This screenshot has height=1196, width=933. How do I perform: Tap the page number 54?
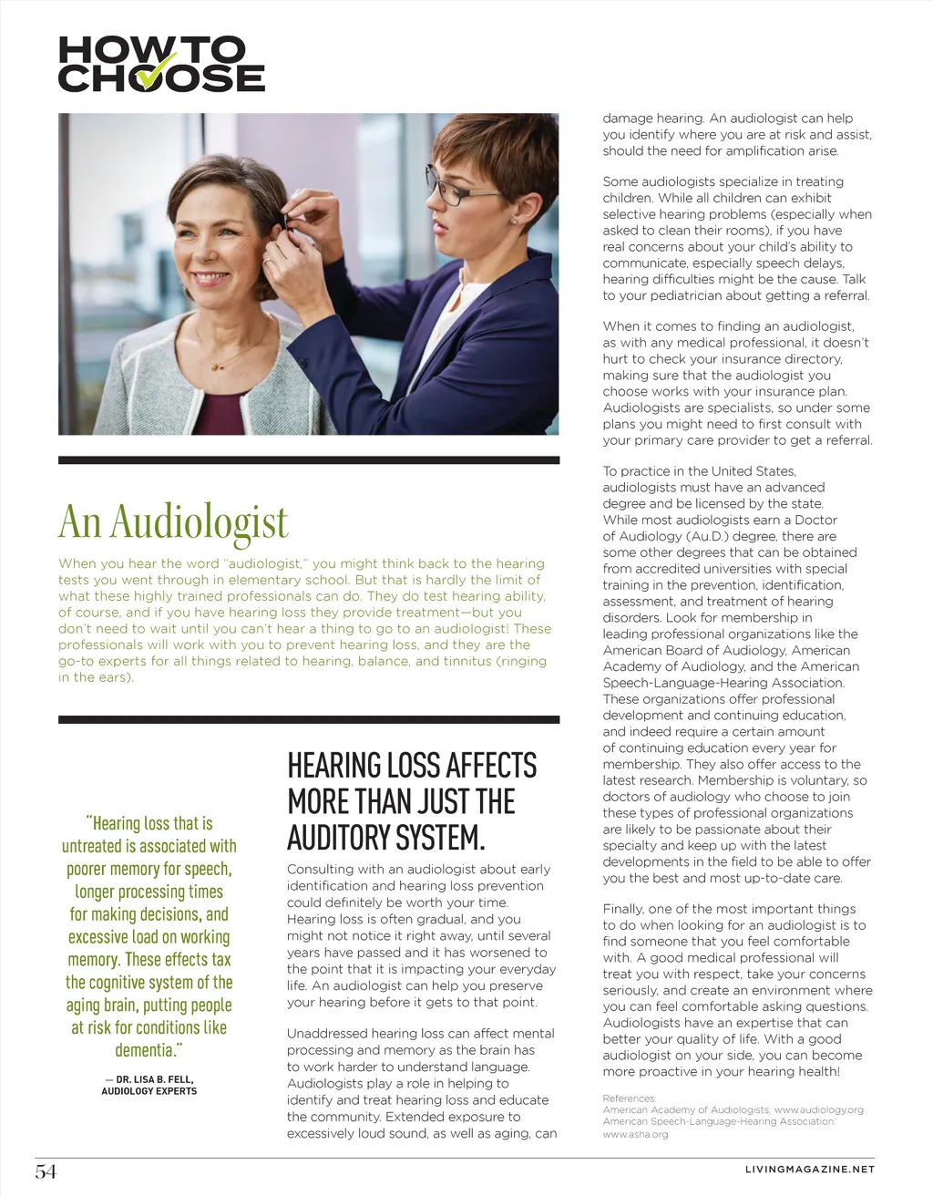46,1171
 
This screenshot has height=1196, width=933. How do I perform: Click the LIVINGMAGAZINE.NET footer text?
809,1170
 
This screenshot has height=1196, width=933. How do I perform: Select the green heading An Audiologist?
173,522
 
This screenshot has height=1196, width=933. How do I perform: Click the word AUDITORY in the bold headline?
340,838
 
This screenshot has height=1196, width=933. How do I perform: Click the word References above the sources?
629,1098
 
